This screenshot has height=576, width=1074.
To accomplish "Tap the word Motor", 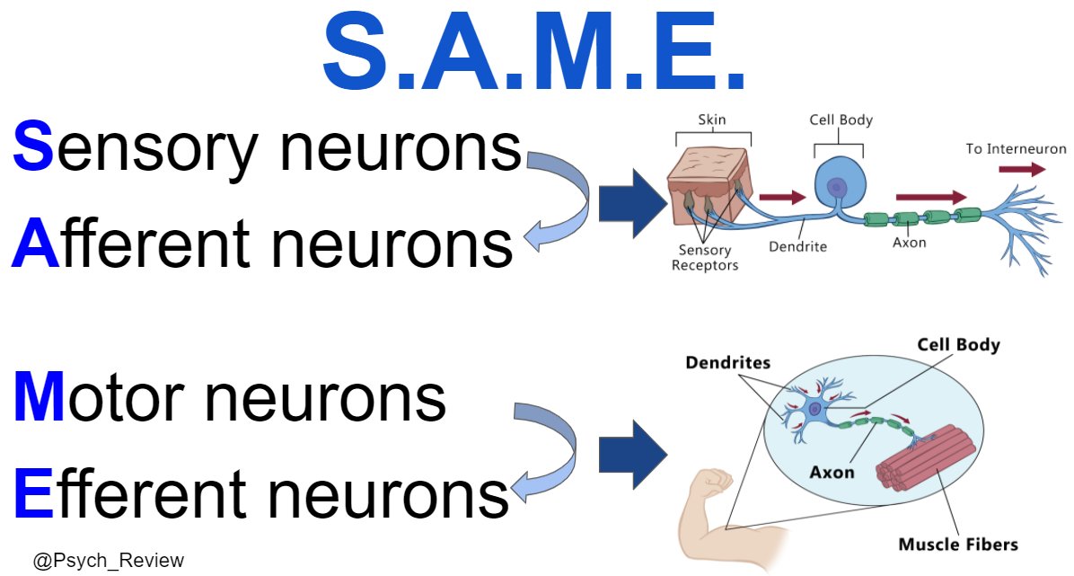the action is [99, 397].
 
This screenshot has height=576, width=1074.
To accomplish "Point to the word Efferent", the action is [130, 493].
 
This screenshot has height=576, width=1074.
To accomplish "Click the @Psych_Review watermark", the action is [109, 560].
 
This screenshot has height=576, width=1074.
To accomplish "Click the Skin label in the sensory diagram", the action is [712, 120].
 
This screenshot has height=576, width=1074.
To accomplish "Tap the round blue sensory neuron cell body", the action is [840, 185].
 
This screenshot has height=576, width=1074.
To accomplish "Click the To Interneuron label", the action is [1016, 149].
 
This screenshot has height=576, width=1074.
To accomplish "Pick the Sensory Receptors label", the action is [705, 258].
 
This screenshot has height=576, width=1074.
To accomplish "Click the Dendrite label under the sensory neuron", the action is [798, 246].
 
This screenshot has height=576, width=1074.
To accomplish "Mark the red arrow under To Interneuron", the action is [1022, 169].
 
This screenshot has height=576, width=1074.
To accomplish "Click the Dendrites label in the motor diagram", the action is [727, 362].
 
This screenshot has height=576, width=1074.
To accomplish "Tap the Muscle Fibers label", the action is [957, 545].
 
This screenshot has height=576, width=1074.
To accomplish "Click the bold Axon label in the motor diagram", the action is [832, 472].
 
